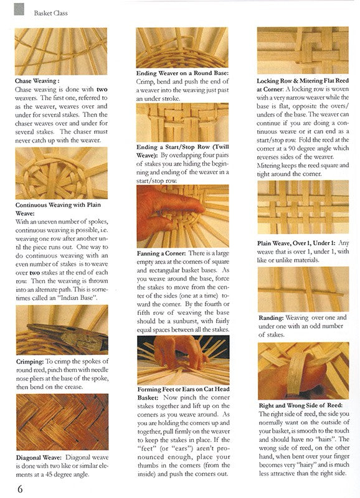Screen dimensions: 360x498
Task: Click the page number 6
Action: click(20, 489)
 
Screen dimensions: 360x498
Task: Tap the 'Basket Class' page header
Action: click(51, 13)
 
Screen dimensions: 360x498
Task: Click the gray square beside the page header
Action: click(19, 9)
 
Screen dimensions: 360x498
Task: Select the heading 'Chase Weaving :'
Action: click(37, 81)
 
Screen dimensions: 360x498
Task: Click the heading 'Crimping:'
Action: click(30, 362)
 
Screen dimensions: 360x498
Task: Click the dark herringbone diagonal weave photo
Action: click(62, 422)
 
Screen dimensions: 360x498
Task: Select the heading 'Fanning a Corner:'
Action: click(161, 253)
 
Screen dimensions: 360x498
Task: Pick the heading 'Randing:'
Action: click(271, 318)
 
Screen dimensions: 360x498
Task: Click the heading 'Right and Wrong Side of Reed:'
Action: click(301, 406)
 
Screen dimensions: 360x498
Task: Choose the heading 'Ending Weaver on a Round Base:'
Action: click(182, 73)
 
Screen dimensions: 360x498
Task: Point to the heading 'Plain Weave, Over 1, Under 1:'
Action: click(296, 243)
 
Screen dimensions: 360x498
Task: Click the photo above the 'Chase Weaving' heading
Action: click(61, 52)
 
